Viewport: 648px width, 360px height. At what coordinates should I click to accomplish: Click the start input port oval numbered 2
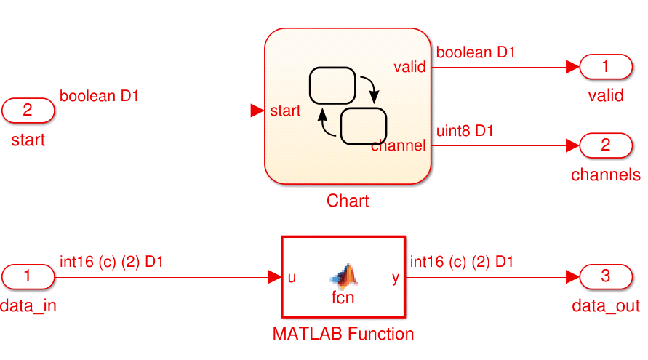28,111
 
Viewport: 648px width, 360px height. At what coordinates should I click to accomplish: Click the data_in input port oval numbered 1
28,276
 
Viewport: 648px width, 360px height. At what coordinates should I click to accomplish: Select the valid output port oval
605,68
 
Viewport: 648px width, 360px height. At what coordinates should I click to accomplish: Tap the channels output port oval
605,145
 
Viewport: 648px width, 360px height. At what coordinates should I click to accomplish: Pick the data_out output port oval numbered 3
605,276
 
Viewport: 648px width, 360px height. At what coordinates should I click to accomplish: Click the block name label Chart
348,201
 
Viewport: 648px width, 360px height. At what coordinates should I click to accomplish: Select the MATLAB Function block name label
343,334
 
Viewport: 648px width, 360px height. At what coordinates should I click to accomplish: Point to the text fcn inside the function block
343,297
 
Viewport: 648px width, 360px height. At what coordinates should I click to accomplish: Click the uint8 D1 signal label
465,132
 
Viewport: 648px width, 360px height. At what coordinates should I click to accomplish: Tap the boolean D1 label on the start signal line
99,96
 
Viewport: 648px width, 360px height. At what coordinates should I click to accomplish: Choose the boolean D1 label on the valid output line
476,53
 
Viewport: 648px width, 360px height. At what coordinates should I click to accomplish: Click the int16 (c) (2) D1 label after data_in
111,262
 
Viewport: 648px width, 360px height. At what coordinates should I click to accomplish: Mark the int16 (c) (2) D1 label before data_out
462,262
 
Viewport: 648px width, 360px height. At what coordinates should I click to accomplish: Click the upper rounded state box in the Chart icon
332,85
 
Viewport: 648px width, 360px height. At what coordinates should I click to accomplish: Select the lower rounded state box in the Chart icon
362,125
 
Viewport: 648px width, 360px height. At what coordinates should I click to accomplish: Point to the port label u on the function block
292,277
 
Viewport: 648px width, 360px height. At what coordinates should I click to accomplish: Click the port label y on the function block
396,277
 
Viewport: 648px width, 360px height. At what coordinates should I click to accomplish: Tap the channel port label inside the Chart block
398,145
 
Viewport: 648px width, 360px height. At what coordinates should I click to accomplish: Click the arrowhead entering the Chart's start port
257,111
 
